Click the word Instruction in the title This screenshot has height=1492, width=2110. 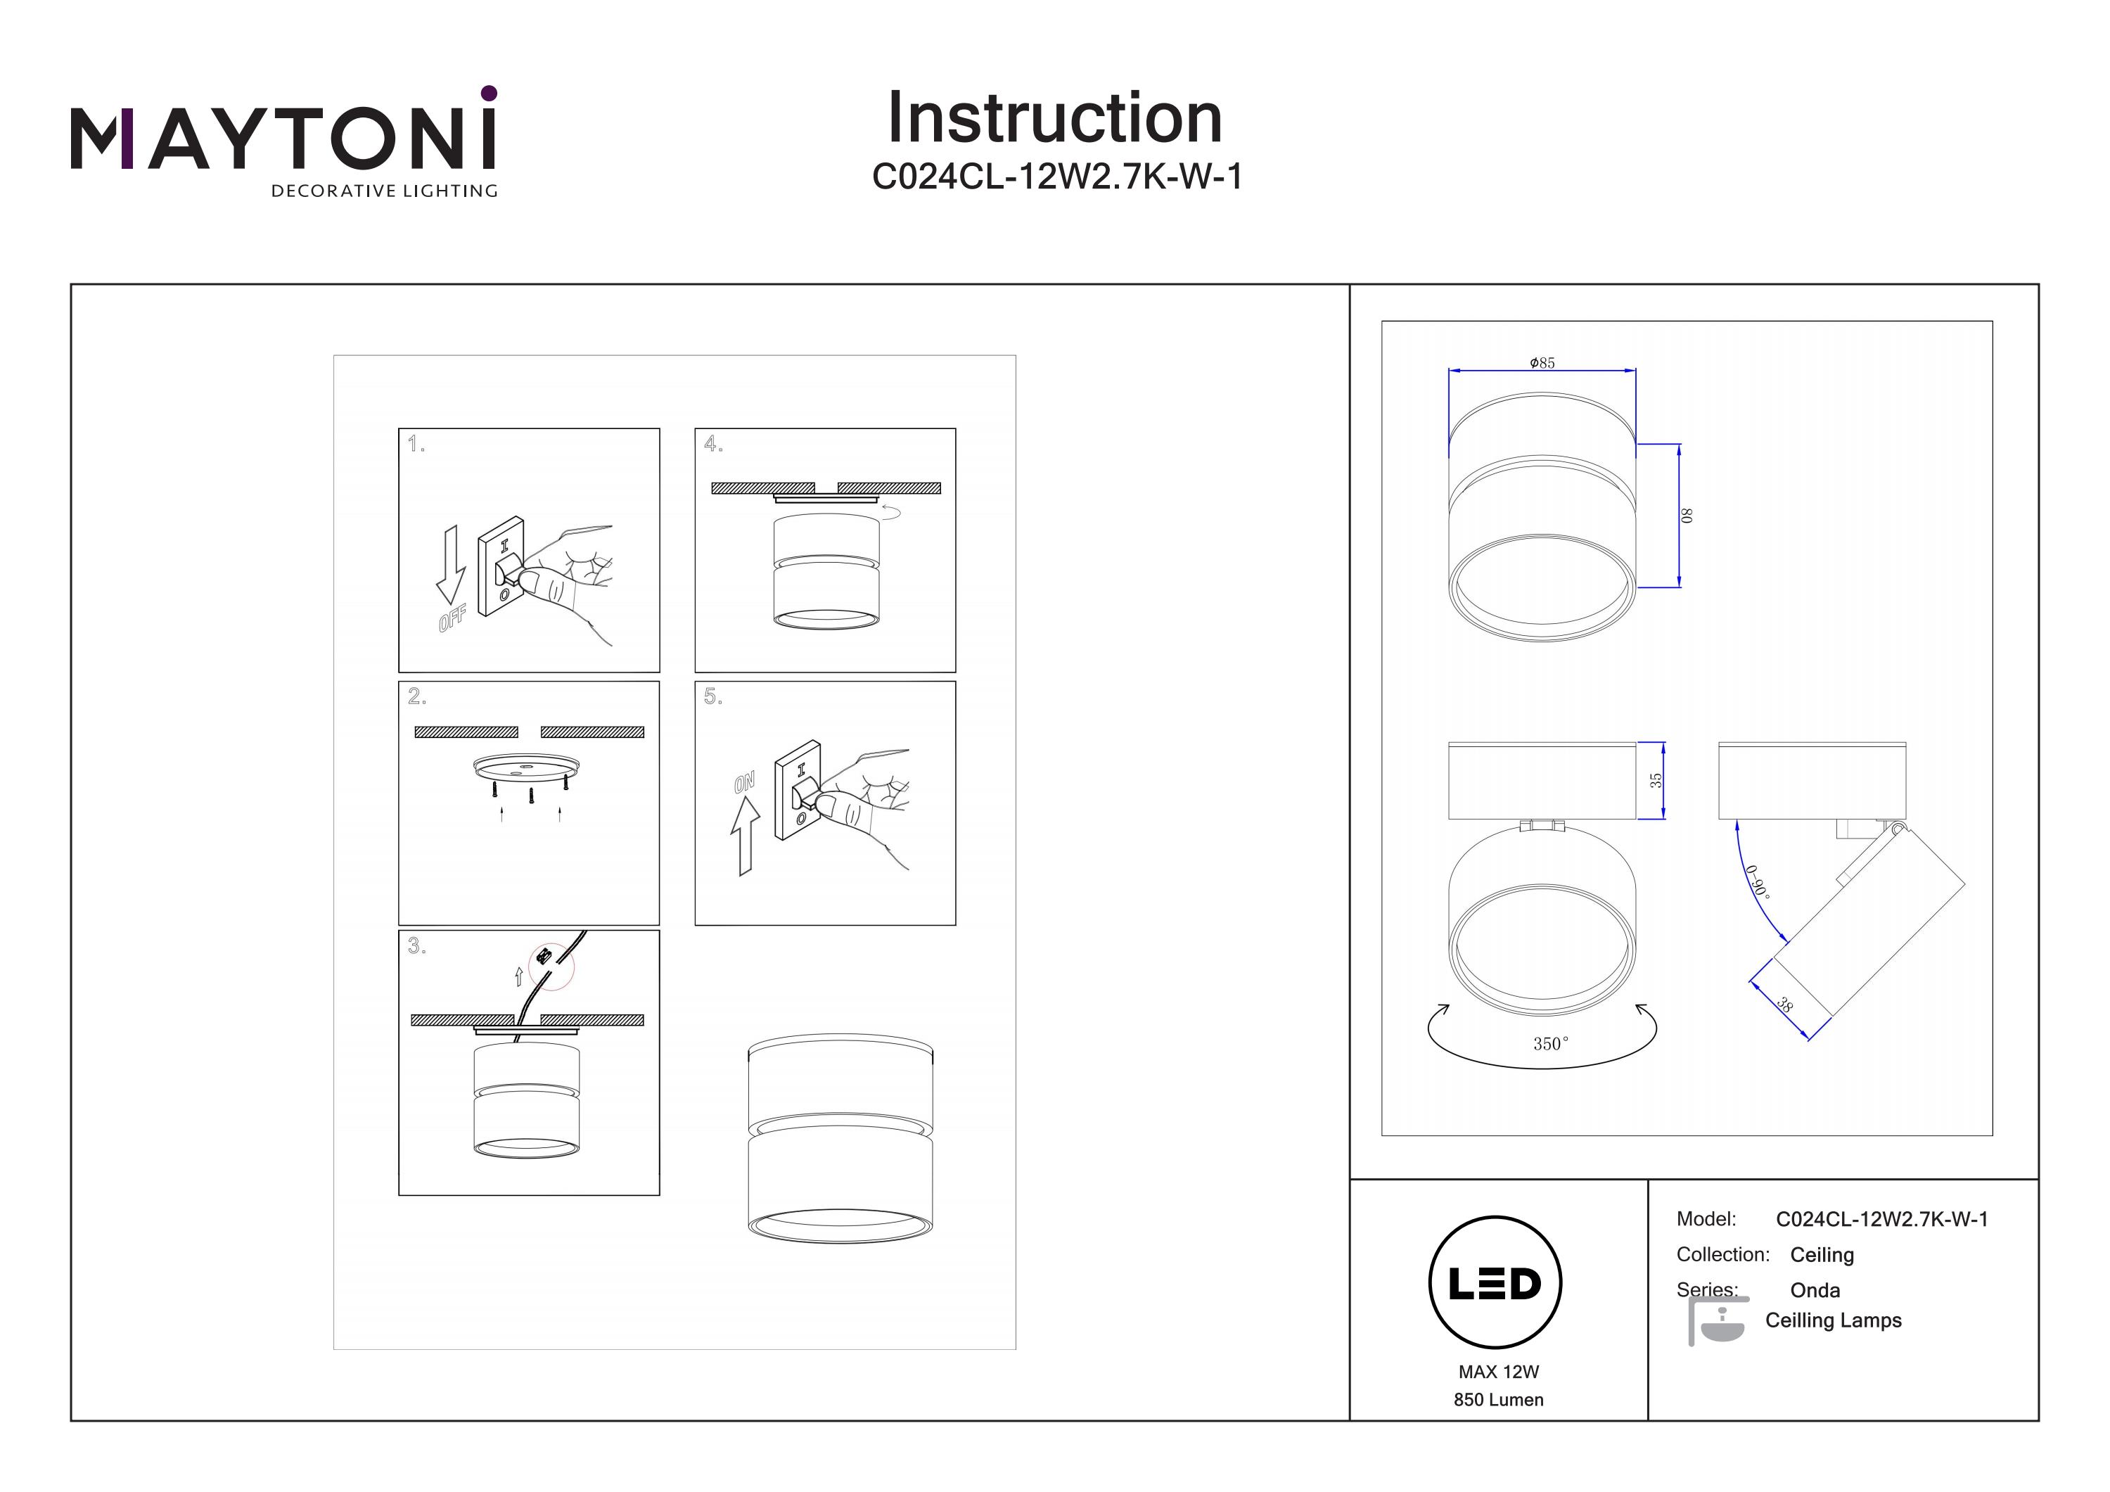tap(1054, 119)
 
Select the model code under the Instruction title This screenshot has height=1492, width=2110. tap(1057, 177)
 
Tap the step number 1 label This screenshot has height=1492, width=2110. tap(416, 445)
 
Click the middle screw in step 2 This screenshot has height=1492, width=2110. tap(530, 796)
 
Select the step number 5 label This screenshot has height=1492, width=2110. tap(713, 697)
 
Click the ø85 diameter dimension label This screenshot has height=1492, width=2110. tap(1542, 363)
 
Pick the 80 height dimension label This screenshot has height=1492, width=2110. tap(1687, 516)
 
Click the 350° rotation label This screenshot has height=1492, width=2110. tap(1550, 1043)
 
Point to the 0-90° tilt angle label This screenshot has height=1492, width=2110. tap(1757, 881)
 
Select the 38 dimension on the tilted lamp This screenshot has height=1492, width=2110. tap(1784, 1005)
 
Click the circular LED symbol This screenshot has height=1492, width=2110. tap(1495, 1283)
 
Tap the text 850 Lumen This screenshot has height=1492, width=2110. tap(1498, 1400)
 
